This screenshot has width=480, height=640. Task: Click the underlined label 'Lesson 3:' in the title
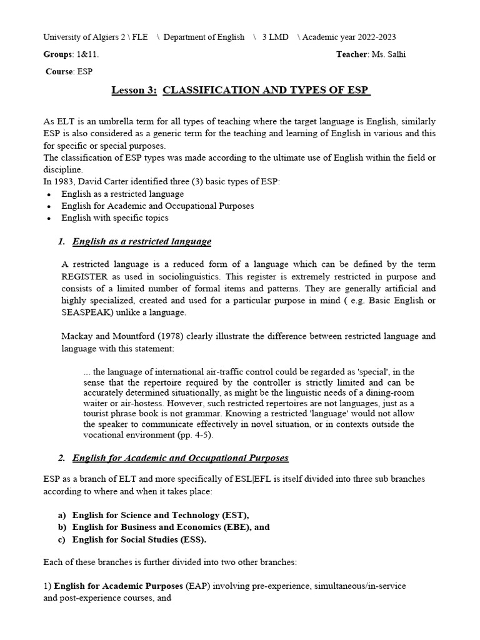coord(134,91)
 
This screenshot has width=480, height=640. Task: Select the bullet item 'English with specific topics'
coord(114,218)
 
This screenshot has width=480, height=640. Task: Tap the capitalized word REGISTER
coord(87,276)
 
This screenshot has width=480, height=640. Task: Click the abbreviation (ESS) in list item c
coord(191,539)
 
